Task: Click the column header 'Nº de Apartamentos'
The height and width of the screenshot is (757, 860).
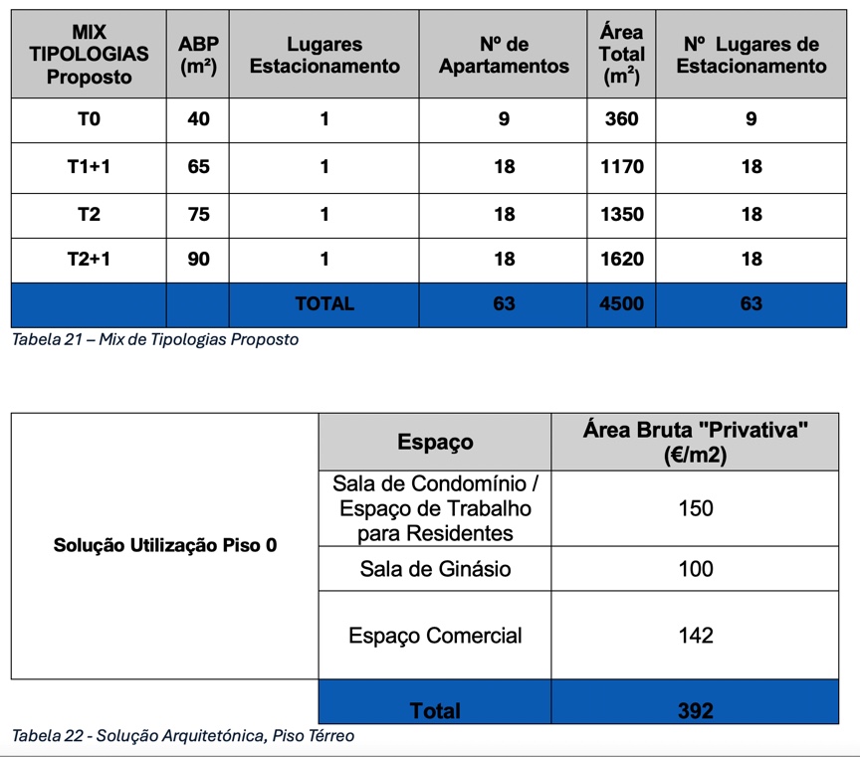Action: click(x=505, y=55)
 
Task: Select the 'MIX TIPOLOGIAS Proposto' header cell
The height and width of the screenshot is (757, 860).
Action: click(x=89, y=55)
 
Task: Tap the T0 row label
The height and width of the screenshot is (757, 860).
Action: click(x=89, y=119)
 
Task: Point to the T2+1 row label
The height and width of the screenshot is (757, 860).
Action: click(x=89, y=259)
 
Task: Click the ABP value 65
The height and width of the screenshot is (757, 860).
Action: click(x=199, y=167)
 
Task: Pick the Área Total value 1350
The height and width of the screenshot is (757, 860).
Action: click(x=623, y=214)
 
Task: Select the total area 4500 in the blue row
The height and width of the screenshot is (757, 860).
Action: click(x=623, y=303)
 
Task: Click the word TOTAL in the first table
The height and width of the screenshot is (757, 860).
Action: click(x=324, y=303)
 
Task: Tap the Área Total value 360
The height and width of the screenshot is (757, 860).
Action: click(x=623, y=119)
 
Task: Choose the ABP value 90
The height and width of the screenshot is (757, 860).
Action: click(x=199, y=259)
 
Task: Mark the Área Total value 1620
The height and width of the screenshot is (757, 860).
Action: click(x=623, y=259)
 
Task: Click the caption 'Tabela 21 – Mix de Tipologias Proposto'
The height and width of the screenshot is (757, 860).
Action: click(x=154, y=339)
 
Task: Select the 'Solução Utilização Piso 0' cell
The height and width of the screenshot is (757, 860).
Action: click(x=165, y=546)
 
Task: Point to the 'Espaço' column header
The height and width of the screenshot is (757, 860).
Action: click(x=435, y=442)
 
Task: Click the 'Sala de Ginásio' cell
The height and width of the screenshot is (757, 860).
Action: click(x=435, y=569)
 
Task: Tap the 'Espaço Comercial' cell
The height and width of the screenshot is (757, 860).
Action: click(x=435, y=636)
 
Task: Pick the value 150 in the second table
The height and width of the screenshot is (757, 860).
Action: click(x=695, y=508)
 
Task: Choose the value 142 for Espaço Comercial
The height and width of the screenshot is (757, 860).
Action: click(x=695, y=636)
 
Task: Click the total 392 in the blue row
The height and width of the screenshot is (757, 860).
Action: click(x=695, y=710)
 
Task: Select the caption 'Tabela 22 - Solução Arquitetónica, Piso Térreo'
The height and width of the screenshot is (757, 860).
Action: click(x=182, y=736)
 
